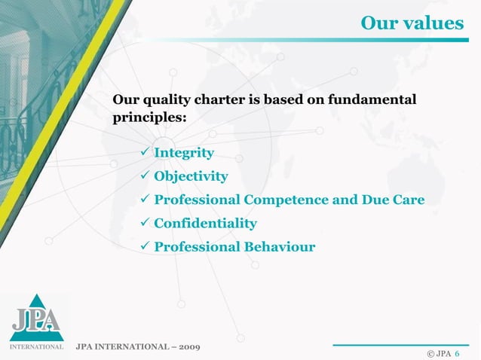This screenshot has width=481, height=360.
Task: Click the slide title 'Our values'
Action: (412, 23)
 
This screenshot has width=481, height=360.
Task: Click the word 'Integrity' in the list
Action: (184, 154)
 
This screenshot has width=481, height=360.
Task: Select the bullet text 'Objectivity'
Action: (191, 177)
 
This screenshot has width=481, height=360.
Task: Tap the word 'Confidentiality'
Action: (205, 224)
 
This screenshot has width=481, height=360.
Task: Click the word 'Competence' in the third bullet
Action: (283, 200)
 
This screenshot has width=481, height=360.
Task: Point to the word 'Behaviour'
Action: (279, 247)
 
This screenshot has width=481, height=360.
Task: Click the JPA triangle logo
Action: (35, 317)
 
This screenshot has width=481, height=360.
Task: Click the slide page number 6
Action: (458, 352)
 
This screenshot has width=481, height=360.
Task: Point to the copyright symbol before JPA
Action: (430, 352)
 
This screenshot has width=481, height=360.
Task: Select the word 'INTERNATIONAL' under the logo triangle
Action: (35, 347)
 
